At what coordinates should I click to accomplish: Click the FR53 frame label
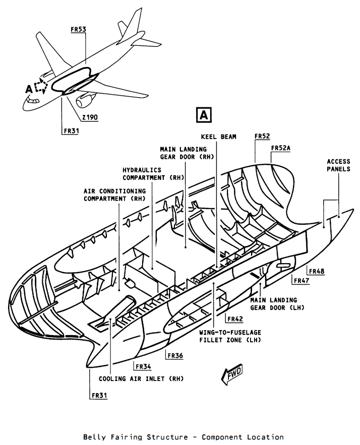click(78, 29)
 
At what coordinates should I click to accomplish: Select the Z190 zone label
click(90, 117)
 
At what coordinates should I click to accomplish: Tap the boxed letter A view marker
click(204, 115)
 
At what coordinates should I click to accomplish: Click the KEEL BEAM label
click(219, 137)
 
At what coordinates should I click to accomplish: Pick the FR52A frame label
click(281, 148)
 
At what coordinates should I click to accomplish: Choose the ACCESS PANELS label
click(338, 165)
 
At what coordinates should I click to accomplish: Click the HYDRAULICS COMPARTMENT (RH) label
click(153, 174)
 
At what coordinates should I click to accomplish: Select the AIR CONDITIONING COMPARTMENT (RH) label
click(114, 195)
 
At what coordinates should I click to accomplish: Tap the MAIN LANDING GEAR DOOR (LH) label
click(277, 304)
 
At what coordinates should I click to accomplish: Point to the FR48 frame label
click(317, 271)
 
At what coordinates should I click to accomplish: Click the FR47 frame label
click(302, 281)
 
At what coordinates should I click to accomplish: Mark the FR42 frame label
click(235, 319)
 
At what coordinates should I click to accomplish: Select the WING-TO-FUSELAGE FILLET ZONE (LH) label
click(230, 336)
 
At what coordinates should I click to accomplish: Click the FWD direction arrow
click(232, 374)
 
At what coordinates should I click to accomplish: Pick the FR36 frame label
click(175, 356)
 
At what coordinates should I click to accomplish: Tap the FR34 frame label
click(143, 367)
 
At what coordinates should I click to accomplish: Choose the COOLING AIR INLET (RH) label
click(141, 379)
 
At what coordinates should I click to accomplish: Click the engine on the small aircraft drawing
click(85, 101)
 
